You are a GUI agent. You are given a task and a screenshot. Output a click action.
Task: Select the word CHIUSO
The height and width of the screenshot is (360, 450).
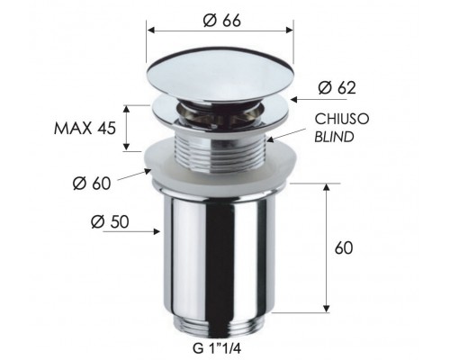click(x=340, y=119)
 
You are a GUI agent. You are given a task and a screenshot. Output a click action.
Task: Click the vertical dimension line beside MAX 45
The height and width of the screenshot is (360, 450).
click(x=128, y=126)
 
